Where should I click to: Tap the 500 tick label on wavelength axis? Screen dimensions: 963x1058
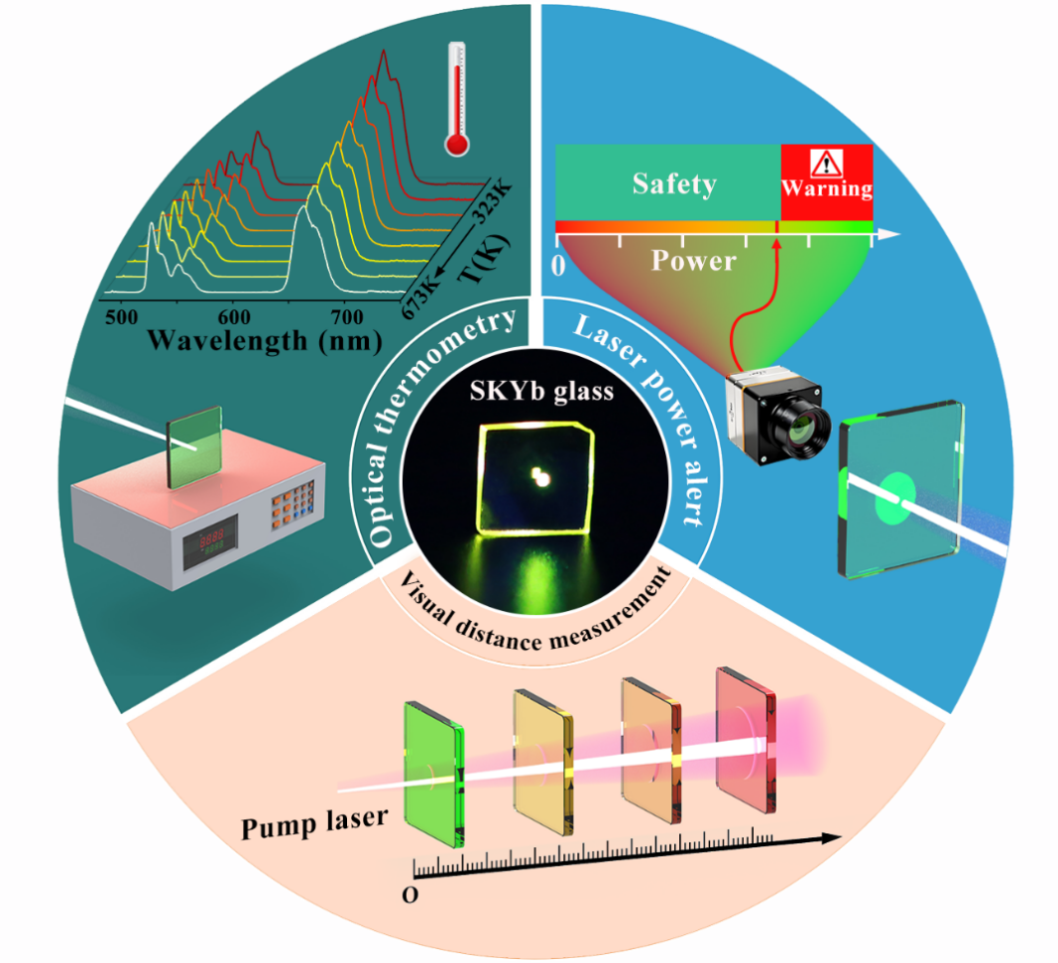point(122,316)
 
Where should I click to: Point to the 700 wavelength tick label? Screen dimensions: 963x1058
point(346,317)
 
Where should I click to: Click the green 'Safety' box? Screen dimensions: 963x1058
point(673,183)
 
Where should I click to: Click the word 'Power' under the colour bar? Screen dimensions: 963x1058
point(693,261)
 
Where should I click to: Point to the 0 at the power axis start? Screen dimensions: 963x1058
point(558,265)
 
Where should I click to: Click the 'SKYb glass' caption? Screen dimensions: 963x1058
point(541,391)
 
